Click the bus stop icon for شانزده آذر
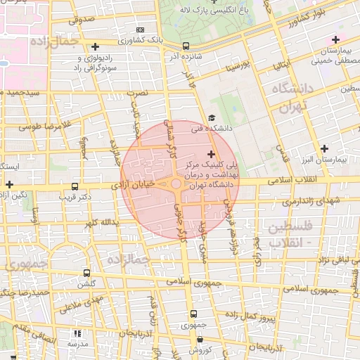[x=185, y=46]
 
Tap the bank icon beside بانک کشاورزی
[x=141, y=30]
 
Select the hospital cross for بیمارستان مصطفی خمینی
[x=335, y=39]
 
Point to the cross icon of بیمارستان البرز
[x=323, y=148]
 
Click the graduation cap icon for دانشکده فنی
[x=212, y=118]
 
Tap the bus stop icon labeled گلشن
[x=87, y=273]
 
